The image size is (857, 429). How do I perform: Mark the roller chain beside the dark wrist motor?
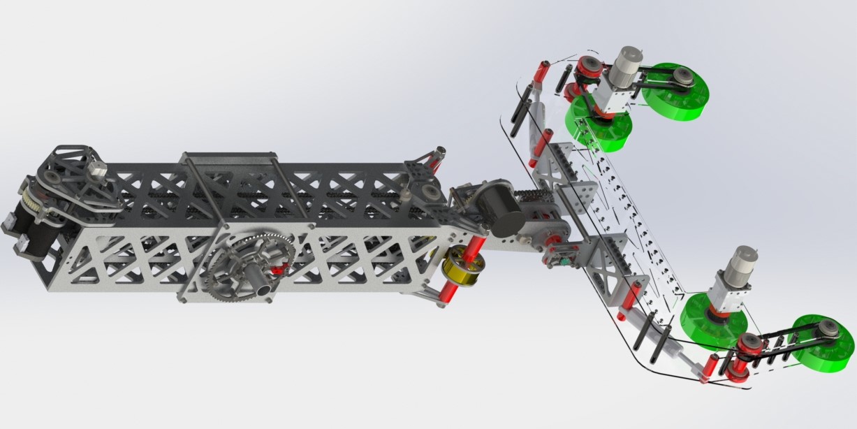[x=538, y=189]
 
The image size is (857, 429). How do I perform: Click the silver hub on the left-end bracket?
[x=96, y=168]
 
